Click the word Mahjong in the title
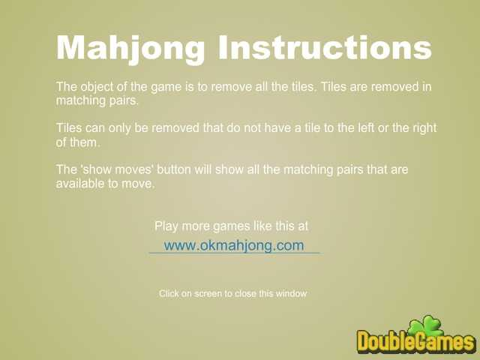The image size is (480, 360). pyautogui.click(x=130, y=48)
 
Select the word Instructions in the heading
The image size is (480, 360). pyautogui.click(x=325, y=46)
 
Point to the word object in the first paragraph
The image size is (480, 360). pyautogui.click(x=97, y=87)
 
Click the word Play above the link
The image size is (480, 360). pyautogui.click(x=166, y=226)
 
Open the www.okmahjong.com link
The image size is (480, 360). pyautogui.click(x=234, y=245)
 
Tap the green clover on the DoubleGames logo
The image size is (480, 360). pyautogui.click(x=427, y=327)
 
